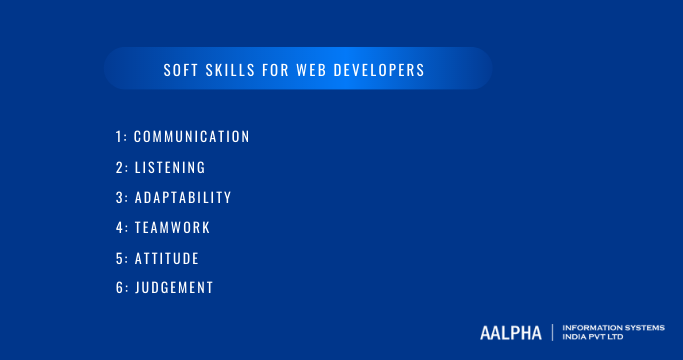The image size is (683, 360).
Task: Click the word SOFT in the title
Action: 181,71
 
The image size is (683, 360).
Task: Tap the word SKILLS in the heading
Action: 230,71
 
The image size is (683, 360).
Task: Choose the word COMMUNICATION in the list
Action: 191,136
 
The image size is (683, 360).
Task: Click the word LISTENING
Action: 170,167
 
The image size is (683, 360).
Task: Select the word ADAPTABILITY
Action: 183,197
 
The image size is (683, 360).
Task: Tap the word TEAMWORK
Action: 172,227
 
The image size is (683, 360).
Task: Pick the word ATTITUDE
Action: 167,258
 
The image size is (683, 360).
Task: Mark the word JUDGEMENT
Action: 174,288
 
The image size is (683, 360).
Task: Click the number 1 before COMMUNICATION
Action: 117,136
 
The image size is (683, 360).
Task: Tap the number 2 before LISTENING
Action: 118,167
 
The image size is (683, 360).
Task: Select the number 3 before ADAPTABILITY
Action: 118,197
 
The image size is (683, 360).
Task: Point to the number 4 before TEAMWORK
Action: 118,227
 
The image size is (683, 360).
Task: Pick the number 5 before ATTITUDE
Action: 118,258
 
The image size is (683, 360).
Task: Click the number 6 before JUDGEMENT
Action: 118,288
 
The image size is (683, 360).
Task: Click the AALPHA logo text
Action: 510,332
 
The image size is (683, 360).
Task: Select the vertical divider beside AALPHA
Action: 552,332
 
